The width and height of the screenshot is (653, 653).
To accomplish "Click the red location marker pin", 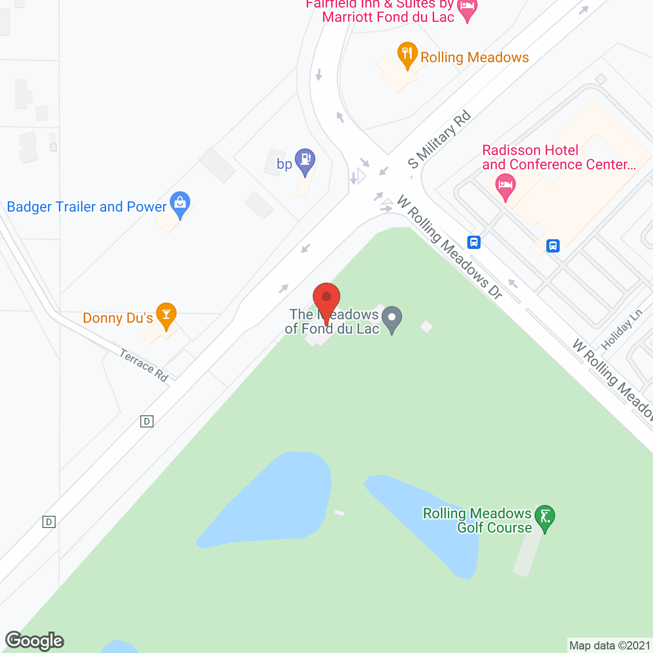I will tap(326, 298).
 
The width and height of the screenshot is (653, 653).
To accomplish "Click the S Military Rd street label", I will tap(439, 140).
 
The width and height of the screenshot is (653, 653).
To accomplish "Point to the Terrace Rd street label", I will tap(144, 365).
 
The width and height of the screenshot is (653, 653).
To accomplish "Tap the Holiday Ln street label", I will tap(621, 330).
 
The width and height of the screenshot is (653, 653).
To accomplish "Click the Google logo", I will tap(35, 641).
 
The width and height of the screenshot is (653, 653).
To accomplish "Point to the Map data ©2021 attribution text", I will tap(610, 646).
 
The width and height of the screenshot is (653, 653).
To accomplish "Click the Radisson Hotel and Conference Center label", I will tap(559, 157).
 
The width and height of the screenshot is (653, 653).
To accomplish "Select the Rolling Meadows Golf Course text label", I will tap(477, 520).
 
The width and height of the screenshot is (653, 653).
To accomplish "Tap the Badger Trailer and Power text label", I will tap(87, 207).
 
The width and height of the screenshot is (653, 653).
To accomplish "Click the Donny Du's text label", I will tap(118, 318).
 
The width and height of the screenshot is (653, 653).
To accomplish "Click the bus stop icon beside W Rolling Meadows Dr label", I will tap(474, 242).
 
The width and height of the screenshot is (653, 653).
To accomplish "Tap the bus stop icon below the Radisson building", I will tap(553, 246).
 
